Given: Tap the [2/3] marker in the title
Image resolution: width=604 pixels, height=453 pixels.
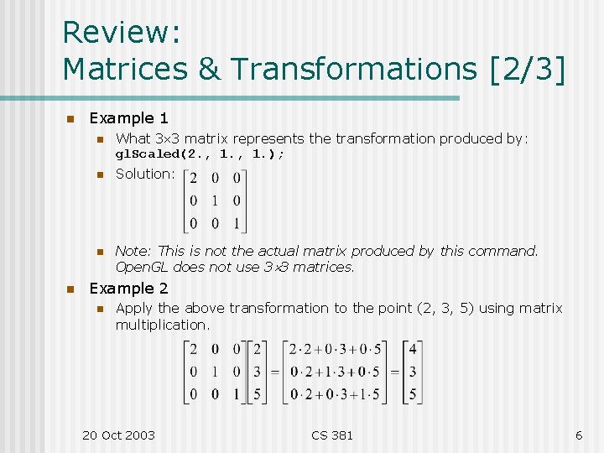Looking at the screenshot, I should [526, 69].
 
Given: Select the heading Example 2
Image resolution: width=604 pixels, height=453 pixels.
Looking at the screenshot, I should [128, 289].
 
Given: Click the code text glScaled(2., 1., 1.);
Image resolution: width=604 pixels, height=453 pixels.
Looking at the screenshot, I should [200, 154].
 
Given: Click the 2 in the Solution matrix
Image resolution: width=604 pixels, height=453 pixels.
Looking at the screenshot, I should [195, 178].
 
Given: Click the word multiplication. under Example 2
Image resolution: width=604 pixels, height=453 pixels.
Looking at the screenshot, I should [163, 324].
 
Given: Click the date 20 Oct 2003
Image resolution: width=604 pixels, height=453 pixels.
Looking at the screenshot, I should [118, 435].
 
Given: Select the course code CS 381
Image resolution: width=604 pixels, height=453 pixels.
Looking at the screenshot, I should [332, 435].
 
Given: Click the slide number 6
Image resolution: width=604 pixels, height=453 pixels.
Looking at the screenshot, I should [579, 435].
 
